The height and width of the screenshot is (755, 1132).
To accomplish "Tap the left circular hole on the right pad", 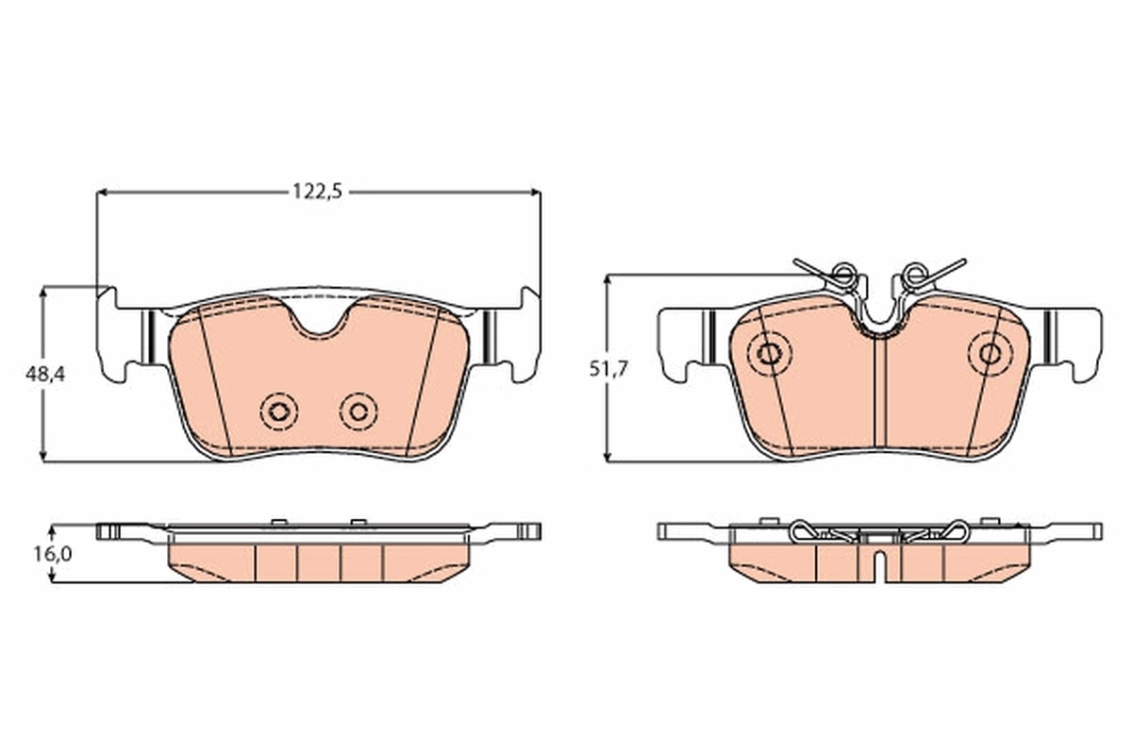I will (770, 354).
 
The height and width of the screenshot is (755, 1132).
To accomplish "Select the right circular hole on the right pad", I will (990, 353).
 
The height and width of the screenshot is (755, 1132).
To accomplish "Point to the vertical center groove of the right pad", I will (877, 392).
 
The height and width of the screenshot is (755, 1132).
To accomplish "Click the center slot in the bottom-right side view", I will (877, 563).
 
